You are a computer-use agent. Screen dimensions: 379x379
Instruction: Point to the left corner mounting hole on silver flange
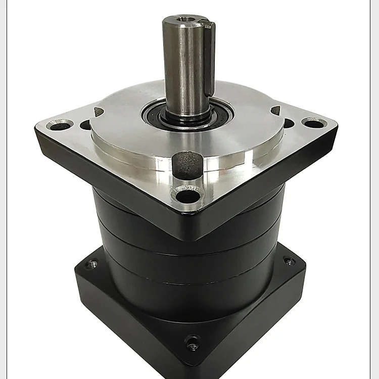59,124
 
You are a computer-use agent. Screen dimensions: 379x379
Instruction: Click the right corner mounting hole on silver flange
314,122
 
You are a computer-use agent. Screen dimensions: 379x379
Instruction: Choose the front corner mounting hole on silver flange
187,195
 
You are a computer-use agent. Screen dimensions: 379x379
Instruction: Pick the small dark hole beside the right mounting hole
289,123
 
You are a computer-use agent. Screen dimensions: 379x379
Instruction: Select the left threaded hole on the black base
92,263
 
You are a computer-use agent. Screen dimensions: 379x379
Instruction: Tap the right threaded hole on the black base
289,261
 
